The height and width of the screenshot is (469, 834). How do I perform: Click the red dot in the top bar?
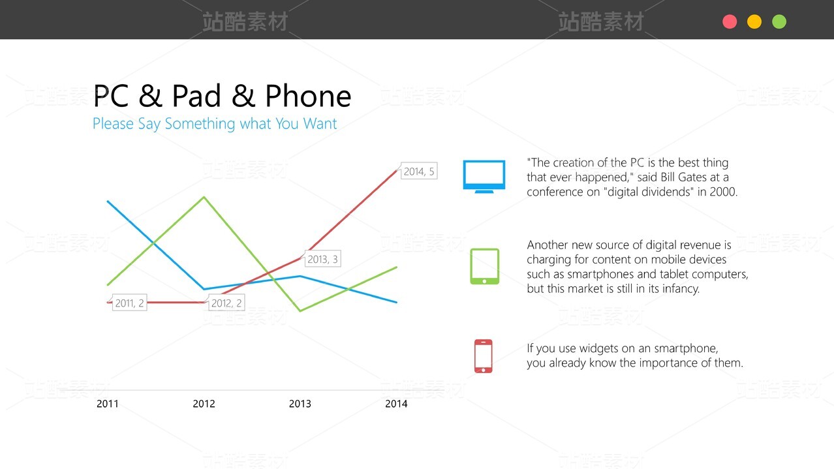[730, 22]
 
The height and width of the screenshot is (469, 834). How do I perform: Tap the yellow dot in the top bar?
[754, 22]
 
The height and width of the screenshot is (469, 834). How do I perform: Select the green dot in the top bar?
[779, 22]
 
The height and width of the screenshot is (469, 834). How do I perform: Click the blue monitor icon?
[484, 176]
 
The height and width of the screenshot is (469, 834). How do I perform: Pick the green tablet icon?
[484, 266]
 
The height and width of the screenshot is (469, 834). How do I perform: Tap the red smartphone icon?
[484, 356]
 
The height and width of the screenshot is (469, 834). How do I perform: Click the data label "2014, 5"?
[419, 171]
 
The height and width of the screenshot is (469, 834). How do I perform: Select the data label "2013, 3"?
[322, 259]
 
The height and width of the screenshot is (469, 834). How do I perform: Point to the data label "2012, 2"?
[226, 303]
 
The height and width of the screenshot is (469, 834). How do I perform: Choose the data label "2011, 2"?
[130, 303]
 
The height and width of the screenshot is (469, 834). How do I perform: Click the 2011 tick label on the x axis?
[107, 404]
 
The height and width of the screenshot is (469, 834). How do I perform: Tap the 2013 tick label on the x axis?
[300, 404]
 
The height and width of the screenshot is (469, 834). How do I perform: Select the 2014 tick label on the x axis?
[396, 404]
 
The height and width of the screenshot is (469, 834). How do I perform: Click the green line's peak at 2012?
[204, 197]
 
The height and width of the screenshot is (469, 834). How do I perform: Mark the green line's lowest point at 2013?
[300, 310]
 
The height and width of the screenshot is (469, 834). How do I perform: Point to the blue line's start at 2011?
[108, 202]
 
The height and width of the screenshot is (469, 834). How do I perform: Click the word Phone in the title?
[308, 96]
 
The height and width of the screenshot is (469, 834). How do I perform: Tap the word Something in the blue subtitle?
[200, 123]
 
